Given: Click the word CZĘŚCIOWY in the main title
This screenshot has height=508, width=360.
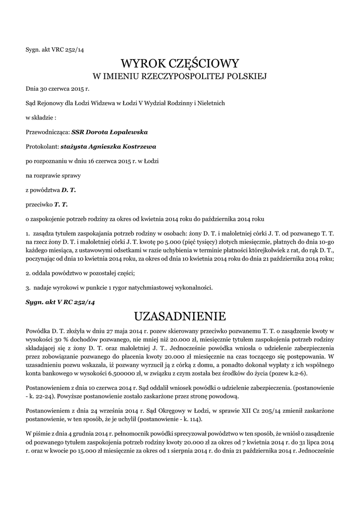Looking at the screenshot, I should point(205,63).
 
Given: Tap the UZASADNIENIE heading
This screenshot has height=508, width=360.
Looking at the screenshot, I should point(180,316).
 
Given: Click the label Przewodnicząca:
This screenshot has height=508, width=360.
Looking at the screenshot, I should point(48,132).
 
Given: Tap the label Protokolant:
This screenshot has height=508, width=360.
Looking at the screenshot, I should point(42,147).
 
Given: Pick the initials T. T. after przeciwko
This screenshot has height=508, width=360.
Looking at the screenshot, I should point(61,204).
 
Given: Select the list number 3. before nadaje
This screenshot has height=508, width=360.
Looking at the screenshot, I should point(28,287).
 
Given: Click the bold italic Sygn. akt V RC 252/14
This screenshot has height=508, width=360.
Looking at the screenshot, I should point(60,302).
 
